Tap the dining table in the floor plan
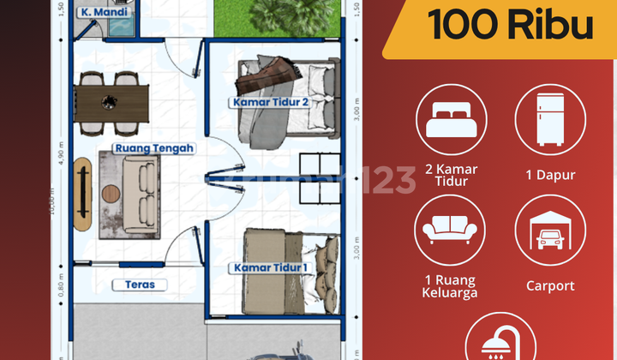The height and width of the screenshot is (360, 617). pyautogui.click(x=110, y=102)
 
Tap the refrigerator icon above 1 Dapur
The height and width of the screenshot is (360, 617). pyautogui.click(x=550, y=119)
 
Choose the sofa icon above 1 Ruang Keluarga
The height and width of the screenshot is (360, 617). pyautogui.click(x=451, y=231)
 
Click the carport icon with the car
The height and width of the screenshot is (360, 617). pyautogui.click(x=550, y=231)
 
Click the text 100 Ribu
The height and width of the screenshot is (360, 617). pyautogui.click(x=511, y=26)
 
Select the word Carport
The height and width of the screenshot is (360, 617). pyautogui.click(x=550, y=285)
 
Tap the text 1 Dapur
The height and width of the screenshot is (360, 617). pyautogui.click(x=550, y=175)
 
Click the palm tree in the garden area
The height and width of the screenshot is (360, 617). pyautogui.click(x=275, y=13)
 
